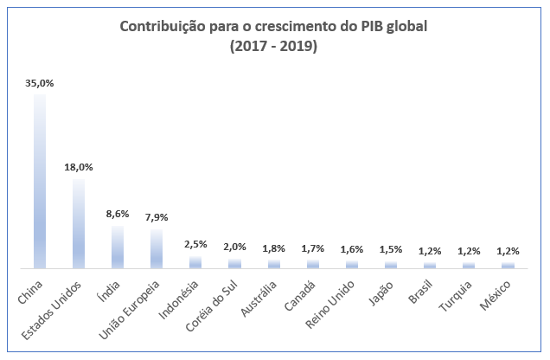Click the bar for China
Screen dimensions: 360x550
tap(39, 181)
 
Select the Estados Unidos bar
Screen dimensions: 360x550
tap(79, 222)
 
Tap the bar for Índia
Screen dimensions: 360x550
tap(118, 247)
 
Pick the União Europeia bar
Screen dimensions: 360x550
tap(157, 248)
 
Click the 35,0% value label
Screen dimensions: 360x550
tap(40, 84)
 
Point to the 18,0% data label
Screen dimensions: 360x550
tap(79, 167)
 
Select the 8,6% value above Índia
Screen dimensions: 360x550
tap(118, 214)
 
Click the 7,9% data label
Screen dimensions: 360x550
tap(157, 217)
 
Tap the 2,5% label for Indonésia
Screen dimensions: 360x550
tap(195, 244)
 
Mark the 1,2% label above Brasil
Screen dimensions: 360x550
tap(430, 251)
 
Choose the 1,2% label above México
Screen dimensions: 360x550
tap(508, 251)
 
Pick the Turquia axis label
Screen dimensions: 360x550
tap(460, 289)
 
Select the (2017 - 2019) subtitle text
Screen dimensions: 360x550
tap(274, 46)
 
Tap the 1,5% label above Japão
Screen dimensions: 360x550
tap(391, 249)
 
